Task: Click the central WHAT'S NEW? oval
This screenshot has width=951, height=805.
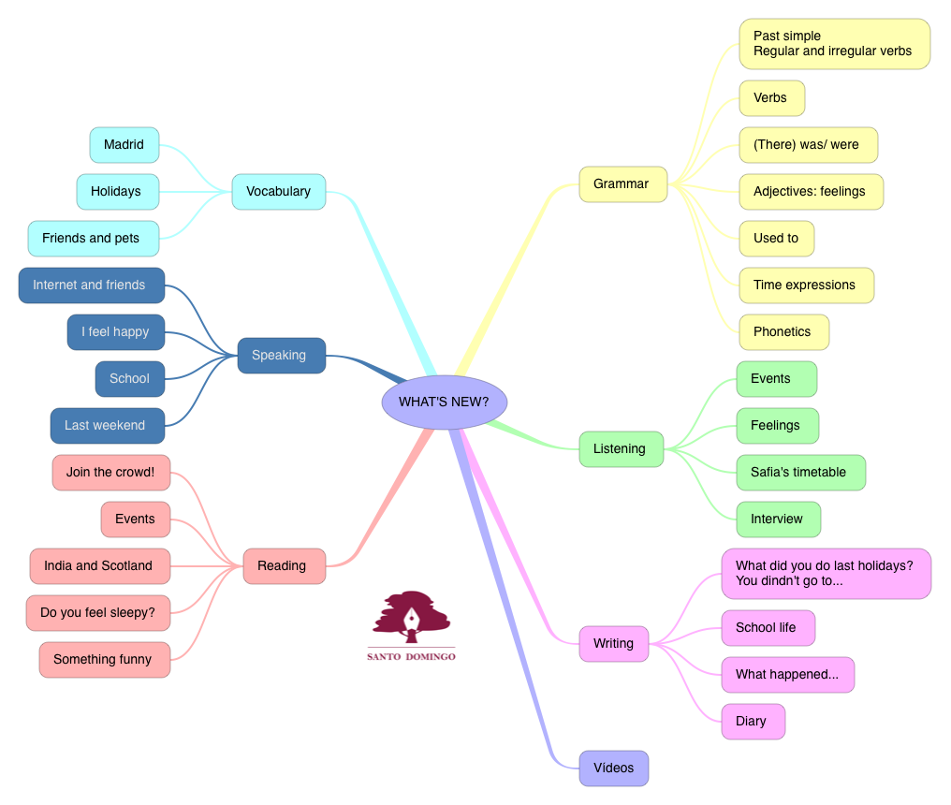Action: (x=444, y=402)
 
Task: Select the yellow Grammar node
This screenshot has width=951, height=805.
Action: (x=622, y=184)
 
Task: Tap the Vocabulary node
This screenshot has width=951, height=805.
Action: (x=278, y=192)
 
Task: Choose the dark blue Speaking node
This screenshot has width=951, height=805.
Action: (x=279, y=356)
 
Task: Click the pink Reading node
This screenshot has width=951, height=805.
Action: (x=283, y=566)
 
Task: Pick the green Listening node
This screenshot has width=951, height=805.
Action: (x=621, y=449)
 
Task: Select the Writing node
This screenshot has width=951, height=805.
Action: (x=614, y=644)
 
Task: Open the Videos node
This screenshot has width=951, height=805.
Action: (x=614, y=768)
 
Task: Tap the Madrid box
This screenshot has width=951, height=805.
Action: (x=124, y=145)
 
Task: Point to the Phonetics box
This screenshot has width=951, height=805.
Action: (x=783, y=332)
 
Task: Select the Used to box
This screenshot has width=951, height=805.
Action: (x=776, y=239)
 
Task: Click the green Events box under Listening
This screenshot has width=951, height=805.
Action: (x=776, y=379)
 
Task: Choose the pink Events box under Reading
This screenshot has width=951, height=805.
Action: (x=136, y=520)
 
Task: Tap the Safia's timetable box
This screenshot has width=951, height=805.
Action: (x=799, y=473)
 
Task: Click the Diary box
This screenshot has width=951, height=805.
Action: (x=753, y=722)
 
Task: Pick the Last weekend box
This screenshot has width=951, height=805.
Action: (x=106, y=426)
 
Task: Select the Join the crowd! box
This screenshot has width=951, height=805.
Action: (x=111, y=473)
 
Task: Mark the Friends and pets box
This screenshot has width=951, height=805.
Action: (x=93, y=239)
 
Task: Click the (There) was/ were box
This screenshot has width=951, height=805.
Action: (x=808, y=145)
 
